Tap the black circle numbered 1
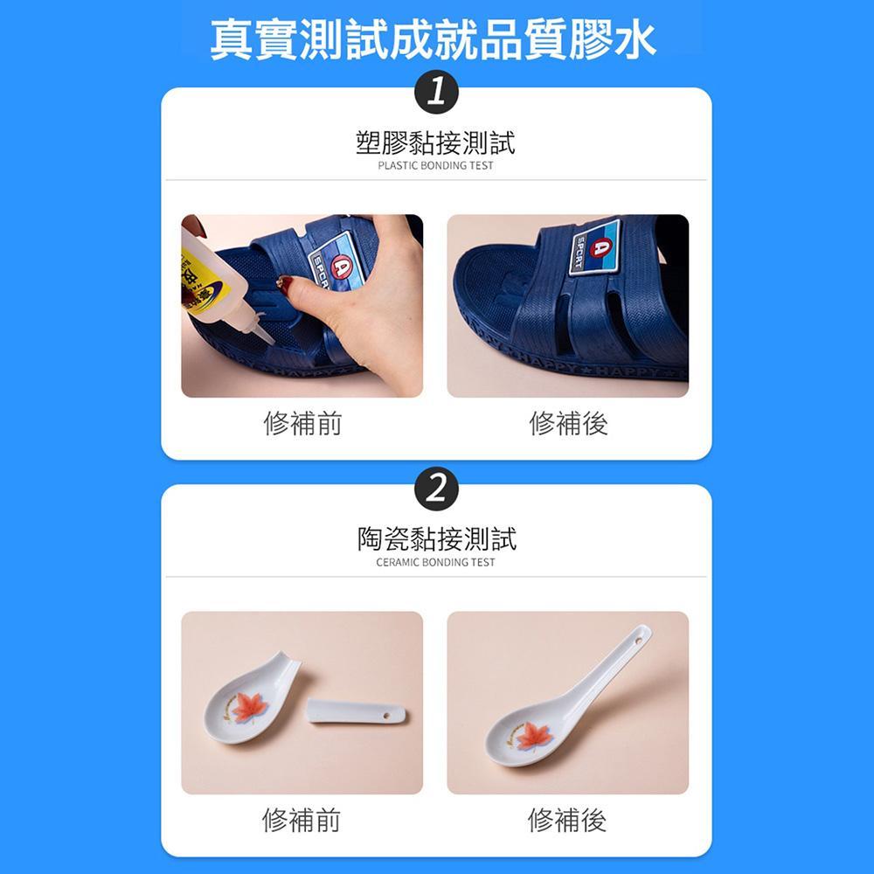(x=436, y=92)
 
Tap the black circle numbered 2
(x=436, y=489)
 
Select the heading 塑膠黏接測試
(x=435, y=142)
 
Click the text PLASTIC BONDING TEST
(x=435, y=165)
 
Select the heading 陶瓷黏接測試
(x=436, y=538)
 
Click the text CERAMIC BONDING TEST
(x=435, y=562)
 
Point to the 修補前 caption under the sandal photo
(x=302, y=424)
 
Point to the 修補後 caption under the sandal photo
(x=568, y=424)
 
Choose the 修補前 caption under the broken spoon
(x=302, y=821)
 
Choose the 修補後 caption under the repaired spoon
(x=567, y=821)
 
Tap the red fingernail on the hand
(x=285, y=282)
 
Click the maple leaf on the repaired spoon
(x=532, y=737)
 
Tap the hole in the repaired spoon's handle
(x=638, y=641)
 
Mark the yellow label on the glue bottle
(x=199, y=280)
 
